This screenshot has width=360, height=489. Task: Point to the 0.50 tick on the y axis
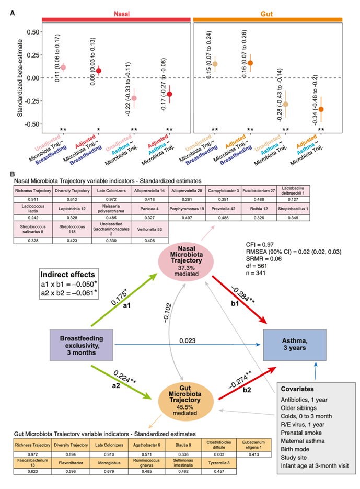(x=32, y=32)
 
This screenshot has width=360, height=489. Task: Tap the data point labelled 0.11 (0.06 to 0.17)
(x=63, y=67)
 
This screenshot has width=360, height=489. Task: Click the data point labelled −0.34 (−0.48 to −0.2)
(x=321, y=109)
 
